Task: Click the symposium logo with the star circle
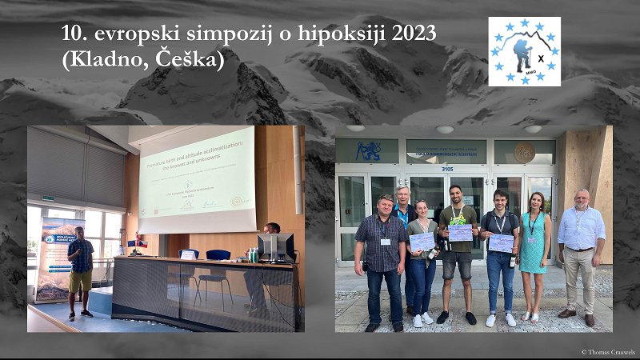(524, 52)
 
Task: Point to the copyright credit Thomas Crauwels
(608, 352)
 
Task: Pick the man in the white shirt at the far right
(582, 248)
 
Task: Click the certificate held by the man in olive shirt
(460, 232)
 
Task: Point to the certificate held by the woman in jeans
(422, 241)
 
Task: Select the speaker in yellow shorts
(80, 272)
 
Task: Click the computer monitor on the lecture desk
(274, 247)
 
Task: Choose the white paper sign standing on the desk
(187, 255)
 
